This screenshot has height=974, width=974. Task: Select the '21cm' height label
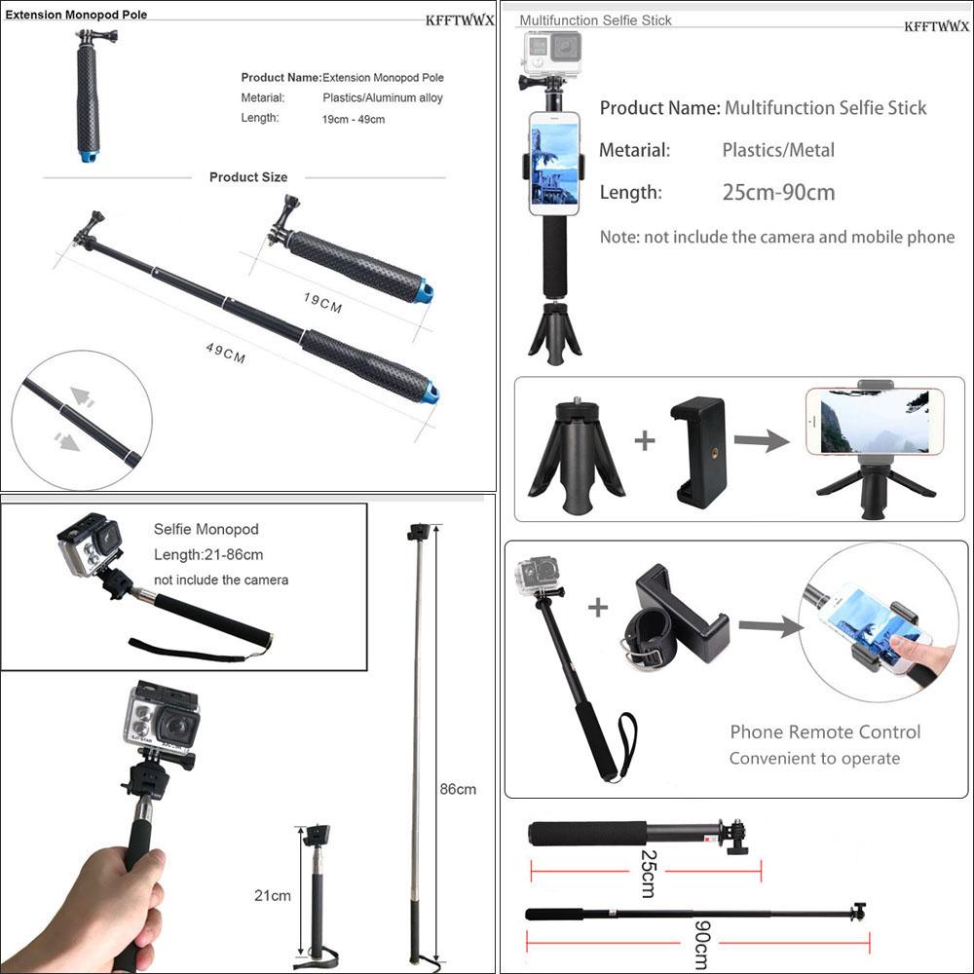click(x=273, y=895)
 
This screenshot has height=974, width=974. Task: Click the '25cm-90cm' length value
click(x=778, y=193)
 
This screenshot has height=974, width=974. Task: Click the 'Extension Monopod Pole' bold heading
click(x=77, y=16)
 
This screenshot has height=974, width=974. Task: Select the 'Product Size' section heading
click(x=248, y=177)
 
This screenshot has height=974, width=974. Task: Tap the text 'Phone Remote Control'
click(x=825, y=732)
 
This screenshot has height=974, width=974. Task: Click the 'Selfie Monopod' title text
click(x=206, y=529)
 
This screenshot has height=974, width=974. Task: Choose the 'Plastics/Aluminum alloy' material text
click(x=383, y=97)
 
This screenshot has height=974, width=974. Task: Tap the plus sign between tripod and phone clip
click(x=645, y=440)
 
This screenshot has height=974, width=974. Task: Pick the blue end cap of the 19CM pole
click(x=424, y=291)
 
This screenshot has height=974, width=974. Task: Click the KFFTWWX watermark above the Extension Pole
click(x=460, y=20)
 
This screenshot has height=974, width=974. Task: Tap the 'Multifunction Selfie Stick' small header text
click(x=595, y=20)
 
